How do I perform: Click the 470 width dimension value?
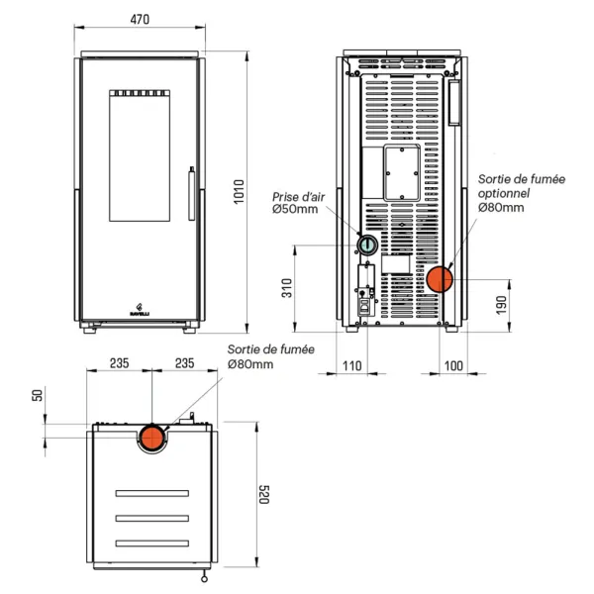pos(140,17)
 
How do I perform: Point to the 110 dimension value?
pos(351,366)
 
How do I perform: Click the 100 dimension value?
pos(453,366)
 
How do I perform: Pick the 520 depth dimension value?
pos(264,495)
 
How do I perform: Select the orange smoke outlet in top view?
pos(151,437)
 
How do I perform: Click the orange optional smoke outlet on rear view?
pos(439,279)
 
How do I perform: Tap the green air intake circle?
pos(366,245)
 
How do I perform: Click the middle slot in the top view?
pos(151,518)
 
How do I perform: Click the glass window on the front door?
pos(139,159)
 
